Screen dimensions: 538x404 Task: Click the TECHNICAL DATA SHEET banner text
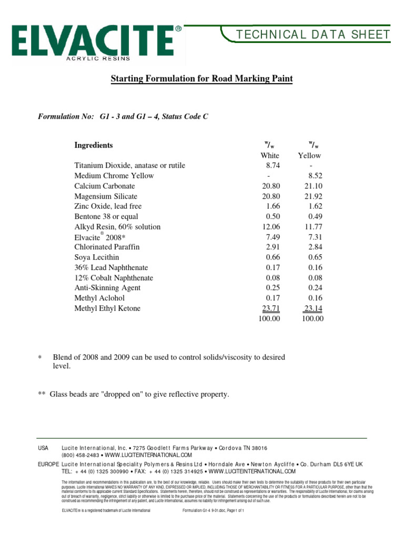313,35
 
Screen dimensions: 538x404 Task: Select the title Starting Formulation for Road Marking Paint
201,79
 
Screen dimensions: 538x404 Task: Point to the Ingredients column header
94,145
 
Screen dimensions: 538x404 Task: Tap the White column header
270,156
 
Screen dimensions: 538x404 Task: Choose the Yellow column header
309,156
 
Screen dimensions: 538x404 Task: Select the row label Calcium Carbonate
105,186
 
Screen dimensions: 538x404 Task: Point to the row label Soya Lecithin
97,257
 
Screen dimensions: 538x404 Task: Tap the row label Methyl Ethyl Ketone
107,308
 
